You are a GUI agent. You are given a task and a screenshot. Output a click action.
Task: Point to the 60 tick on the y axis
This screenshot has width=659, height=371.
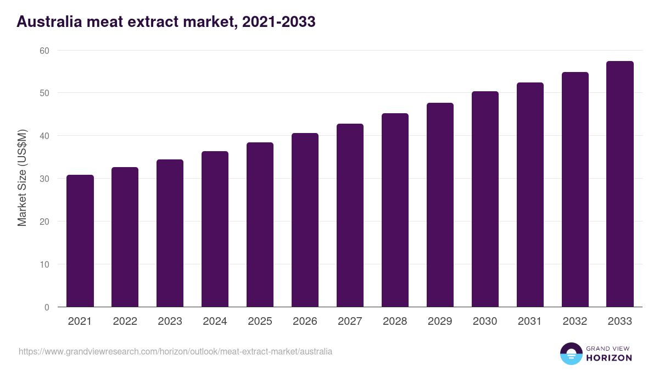click(44, 51)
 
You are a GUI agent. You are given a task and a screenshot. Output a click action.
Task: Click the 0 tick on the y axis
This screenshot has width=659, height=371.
click(47, 307)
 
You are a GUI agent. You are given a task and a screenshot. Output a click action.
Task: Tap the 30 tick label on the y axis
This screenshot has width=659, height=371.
click(44, 179)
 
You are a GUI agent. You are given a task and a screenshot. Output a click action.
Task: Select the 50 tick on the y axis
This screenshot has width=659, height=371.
click(44, 93)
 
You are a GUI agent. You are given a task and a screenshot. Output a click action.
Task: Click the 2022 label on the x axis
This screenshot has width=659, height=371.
click(125, 322)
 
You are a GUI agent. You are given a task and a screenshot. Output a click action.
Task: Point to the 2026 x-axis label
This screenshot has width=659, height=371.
click(305, 322)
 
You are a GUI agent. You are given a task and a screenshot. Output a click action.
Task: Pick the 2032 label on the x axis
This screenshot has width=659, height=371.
click(575, 322)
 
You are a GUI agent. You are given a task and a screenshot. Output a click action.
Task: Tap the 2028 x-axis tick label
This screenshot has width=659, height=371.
click(395, 322)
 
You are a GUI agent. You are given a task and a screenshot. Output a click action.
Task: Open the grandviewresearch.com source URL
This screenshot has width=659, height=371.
click(175, 351)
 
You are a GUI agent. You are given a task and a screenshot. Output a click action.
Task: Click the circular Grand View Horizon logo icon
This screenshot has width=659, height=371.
click(571, 353)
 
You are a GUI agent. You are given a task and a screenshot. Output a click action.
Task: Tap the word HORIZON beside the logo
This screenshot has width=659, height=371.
click(609, 358)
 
